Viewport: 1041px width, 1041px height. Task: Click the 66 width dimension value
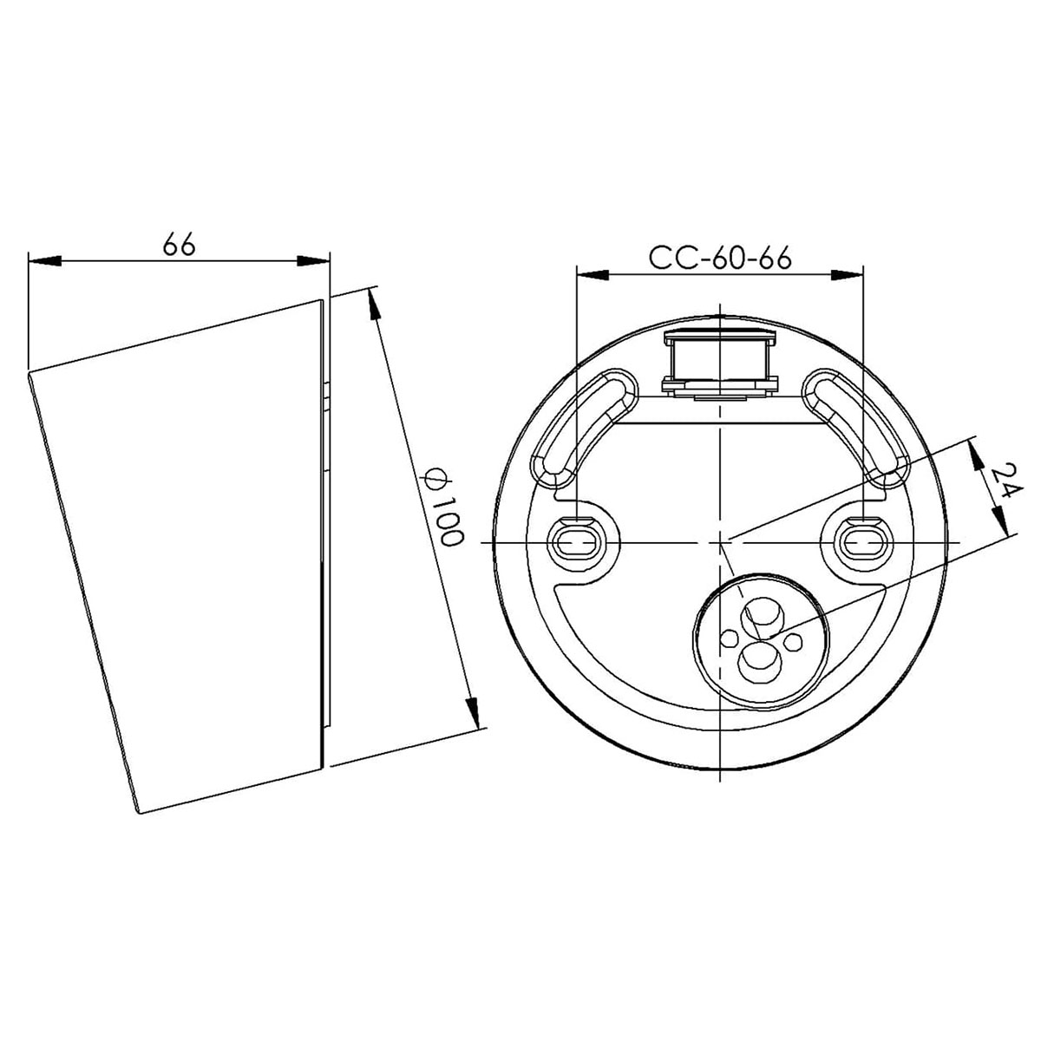(x=180, y=245)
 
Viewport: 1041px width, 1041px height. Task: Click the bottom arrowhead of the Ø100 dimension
(x=474, y=716)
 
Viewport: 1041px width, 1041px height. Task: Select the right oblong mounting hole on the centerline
(x=864, y=543)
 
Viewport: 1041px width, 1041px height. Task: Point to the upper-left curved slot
(x=577, y=425)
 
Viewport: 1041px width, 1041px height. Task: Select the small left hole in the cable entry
(x=730, y=639)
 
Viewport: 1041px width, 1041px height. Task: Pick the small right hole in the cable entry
(x=791, y=641)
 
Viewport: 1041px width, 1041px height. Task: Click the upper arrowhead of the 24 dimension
(x=975, y=449)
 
